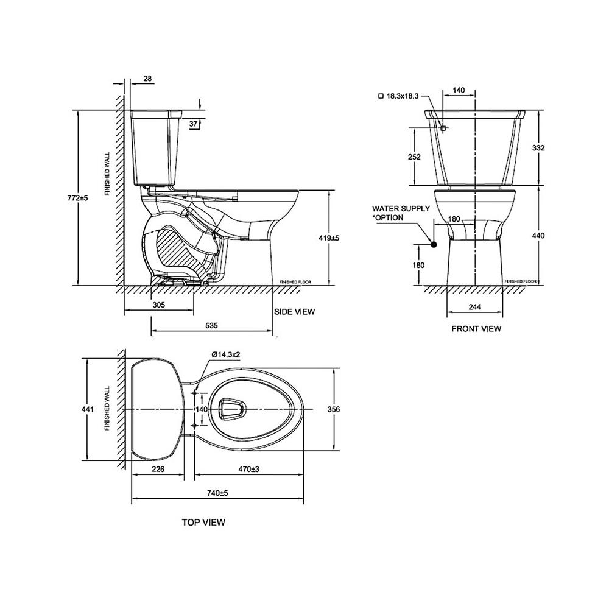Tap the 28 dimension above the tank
148,79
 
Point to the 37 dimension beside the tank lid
194,124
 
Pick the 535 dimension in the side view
211,326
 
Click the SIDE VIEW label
295,312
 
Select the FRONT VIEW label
476,329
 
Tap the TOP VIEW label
203,522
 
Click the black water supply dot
434,245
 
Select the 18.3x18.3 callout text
398,96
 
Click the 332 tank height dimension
538,147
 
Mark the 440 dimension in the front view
538,235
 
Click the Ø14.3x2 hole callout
227,354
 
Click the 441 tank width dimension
89,409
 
